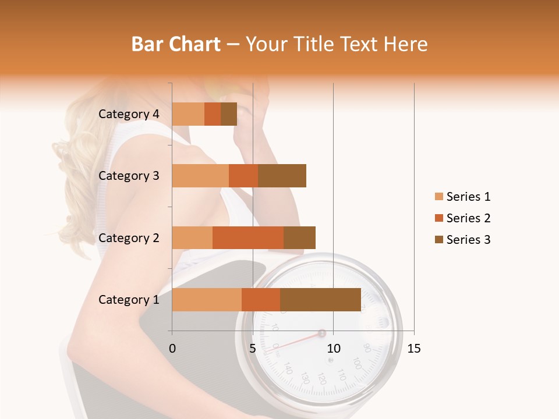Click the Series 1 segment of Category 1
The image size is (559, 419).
[x=207, y=300]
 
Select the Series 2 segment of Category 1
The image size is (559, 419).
[x=261, y=300]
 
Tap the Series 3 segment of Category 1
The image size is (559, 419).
[x=320, y=300]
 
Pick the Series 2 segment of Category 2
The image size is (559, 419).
[x=248, y=237]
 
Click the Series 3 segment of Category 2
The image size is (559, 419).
[x=299, y=237]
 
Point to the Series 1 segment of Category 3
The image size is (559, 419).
[x=200, y=176]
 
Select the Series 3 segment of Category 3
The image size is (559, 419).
[x=282, y=176]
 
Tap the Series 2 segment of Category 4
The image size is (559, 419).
[x=213, y=114]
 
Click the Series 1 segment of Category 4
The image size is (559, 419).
[x=188, y=114]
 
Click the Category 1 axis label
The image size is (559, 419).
[x=129, y=300]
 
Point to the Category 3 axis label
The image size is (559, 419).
[x=129, y=176]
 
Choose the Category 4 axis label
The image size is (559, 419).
[x=129, y=114]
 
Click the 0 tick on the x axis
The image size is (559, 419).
[x=172, y=349]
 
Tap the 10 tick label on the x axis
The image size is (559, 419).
[x=333, y=349]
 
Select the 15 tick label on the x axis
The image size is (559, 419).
[x=414, y=349]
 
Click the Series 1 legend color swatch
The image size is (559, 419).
[x=438, y=197]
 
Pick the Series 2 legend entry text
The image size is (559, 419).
[x=468, y=218]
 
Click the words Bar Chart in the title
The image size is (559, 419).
[x=176, y=44]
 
